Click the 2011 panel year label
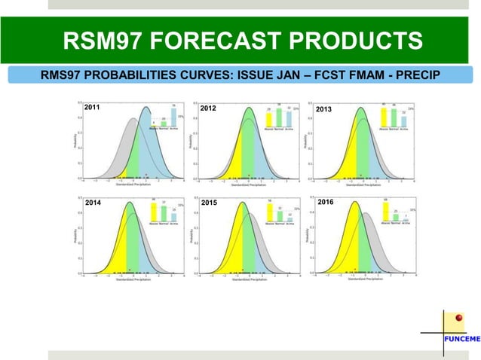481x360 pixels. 94,108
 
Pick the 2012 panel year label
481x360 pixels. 210,108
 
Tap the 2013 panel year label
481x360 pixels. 324,109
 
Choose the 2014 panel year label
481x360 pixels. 94,203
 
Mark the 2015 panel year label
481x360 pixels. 210,203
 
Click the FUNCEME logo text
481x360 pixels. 460,339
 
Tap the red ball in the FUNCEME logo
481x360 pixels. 457,319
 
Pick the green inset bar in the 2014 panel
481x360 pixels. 164,214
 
